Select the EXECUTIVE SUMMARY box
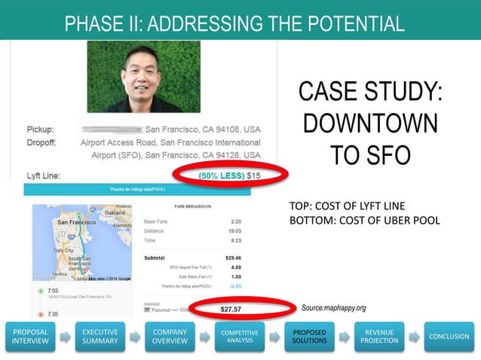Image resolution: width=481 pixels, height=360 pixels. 100,335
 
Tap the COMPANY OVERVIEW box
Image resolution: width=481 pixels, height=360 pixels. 170,335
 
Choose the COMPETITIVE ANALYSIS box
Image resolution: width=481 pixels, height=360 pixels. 239,335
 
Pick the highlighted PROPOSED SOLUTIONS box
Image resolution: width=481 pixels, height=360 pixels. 309,335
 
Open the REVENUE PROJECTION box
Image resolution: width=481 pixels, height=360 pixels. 378,335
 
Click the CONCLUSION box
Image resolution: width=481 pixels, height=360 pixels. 449,336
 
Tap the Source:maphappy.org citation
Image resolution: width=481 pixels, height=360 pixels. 333,308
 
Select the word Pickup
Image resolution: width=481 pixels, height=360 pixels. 39,129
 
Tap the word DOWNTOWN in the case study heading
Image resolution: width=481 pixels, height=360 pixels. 370,124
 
